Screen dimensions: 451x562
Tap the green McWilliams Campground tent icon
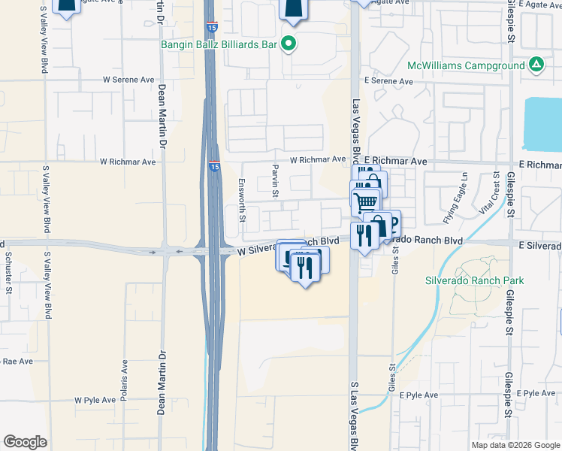coord(536,65)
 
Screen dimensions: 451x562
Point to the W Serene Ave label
coord(128,79)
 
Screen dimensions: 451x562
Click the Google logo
coord(25,441)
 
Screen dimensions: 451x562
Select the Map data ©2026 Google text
coord(515,445)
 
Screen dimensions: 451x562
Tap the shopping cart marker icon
coord(365,201)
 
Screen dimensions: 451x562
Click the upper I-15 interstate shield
coord(213,29)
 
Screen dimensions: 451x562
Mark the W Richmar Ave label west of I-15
coord(128,162)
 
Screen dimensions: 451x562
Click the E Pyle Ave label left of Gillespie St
coord(419,395)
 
